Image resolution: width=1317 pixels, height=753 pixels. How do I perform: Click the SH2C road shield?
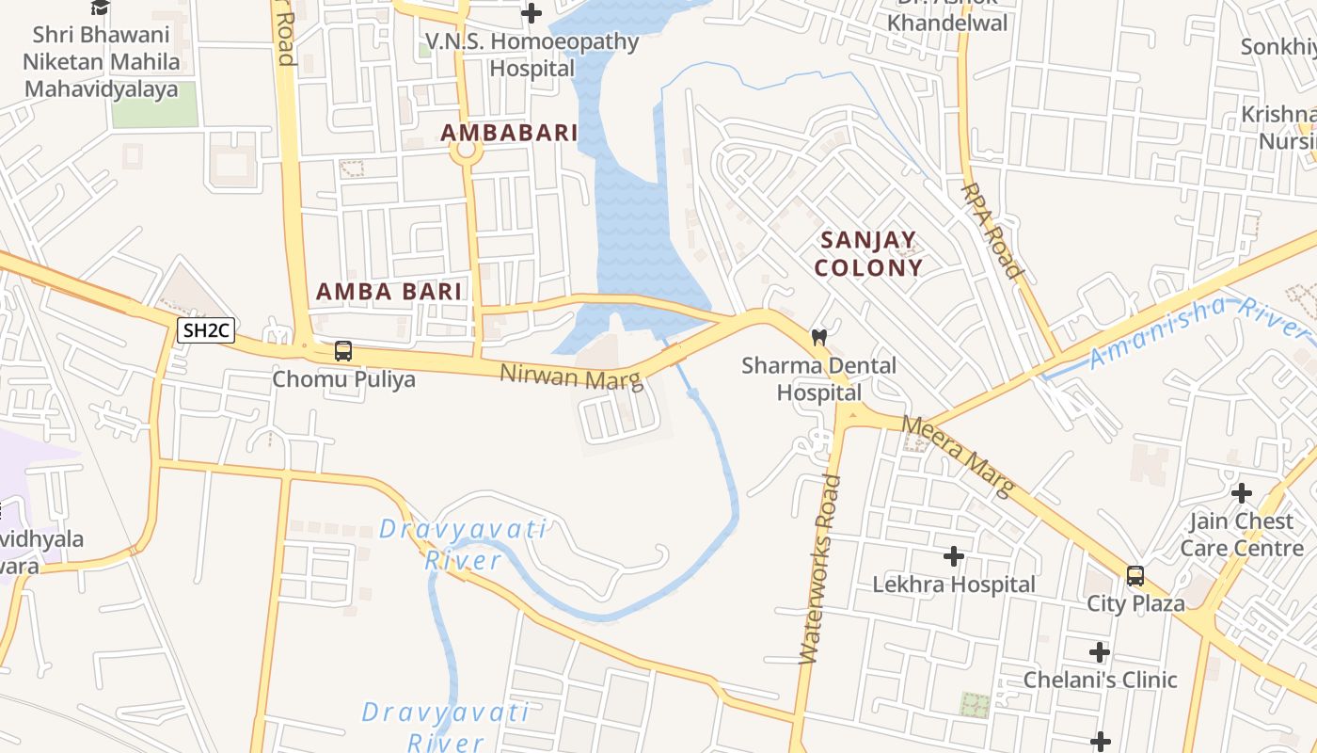point(206,330)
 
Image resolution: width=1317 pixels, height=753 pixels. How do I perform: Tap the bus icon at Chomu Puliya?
point(343,351)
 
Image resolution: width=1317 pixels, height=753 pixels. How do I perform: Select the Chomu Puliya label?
point(343,379)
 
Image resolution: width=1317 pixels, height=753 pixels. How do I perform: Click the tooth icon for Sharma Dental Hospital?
point(819,337)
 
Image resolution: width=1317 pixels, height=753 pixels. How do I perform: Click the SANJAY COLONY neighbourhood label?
point(867,254)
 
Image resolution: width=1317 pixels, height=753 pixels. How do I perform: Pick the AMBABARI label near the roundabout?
point(509,133)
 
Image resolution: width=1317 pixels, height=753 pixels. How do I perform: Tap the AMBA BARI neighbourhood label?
point(389,292)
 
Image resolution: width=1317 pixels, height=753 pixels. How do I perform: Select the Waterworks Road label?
point(820,569)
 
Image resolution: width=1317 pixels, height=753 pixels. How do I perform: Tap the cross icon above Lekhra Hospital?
point(954,556)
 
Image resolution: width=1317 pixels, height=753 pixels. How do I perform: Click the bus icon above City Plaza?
point(1135,575)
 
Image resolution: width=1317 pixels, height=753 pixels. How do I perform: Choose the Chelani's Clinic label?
point(1100,680)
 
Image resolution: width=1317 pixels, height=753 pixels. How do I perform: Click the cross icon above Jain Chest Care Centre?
point(1242,492)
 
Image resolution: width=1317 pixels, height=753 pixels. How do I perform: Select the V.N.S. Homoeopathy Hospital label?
point(532,55)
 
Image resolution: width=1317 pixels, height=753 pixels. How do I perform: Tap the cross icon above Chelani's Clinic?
point(1100,651)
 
